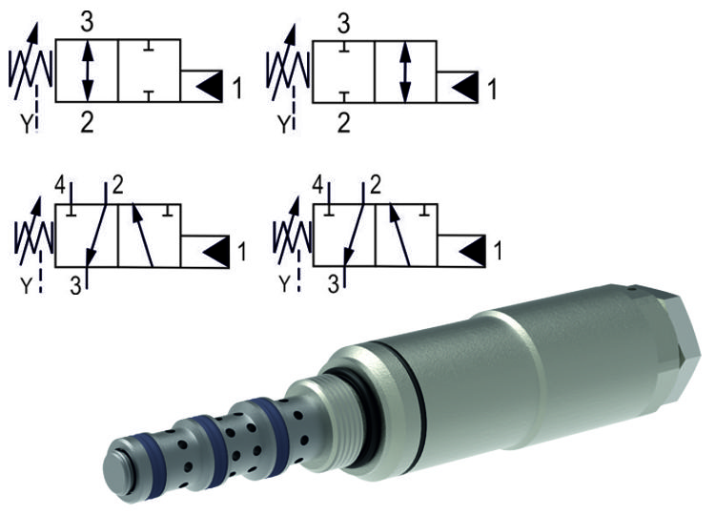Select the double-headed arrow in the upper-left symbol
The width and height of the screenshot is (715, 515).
coord(87,71)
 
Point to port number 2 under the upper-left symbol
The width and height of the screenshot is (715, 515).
coord(87,121)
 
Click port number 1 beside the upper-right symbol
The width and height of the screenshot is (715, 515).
coord(492,90)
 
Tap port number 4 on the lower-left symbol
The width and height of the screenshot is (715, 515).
coord(59,183)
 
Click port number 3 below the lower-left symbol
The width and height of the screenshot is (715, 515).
coord(74,283)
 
